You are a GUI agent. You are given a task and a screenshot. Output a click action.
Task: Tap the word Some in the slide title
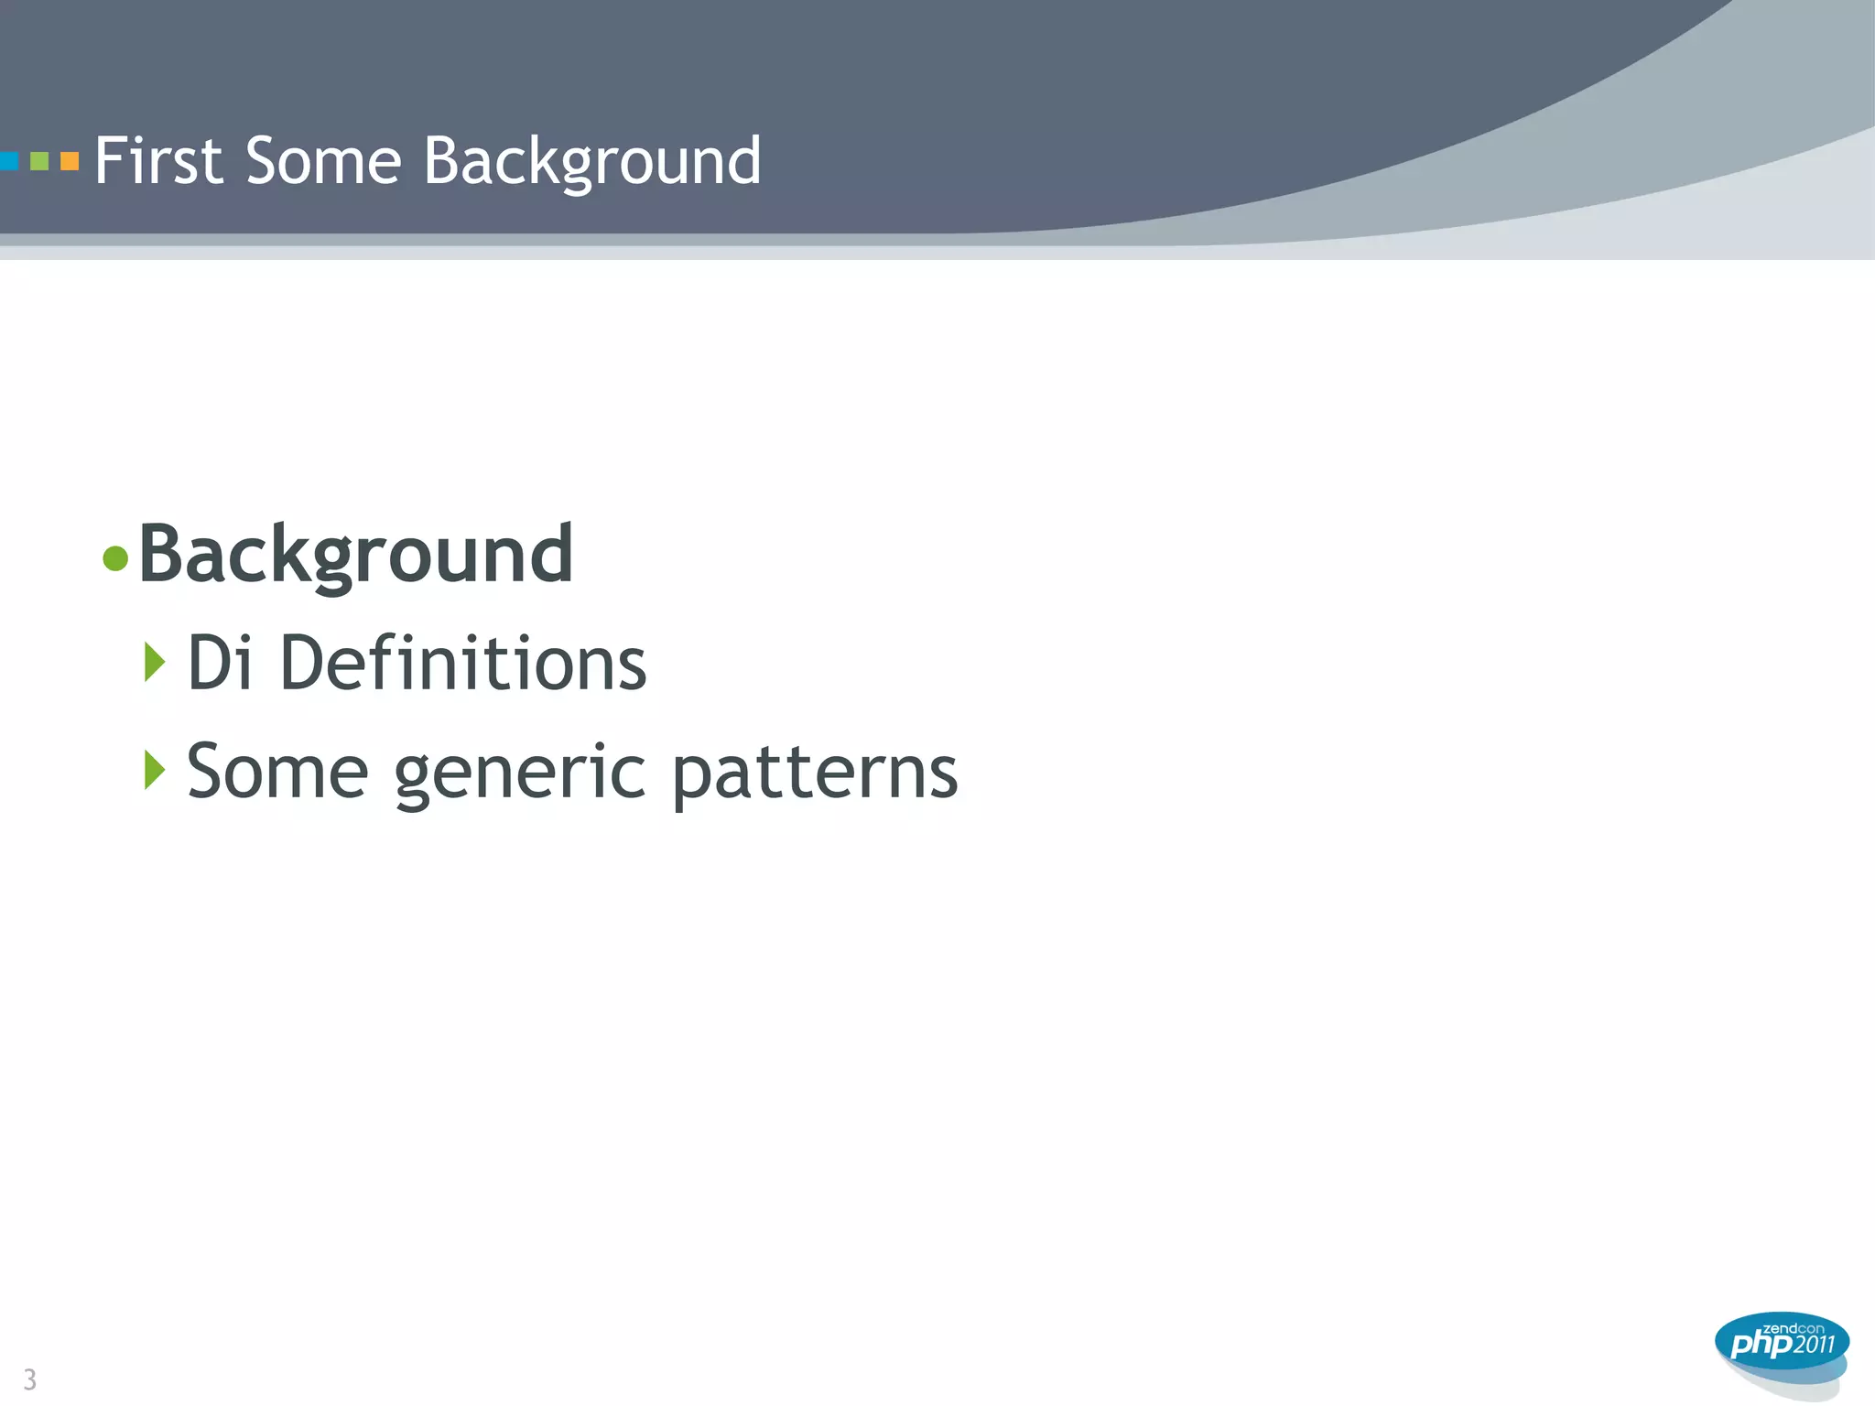click(323, 161)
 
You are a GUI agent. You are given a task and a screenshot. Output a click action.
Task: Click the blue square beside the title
click(9, 162)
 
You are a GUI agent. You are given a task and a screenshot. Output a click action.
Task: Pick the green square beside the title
click(39, 162)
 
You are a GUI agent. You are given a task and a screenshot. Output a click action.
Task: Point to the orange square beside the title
click(70, 162)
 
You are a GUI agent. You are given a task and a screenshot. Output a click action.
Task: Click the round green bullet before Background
click(115, 557)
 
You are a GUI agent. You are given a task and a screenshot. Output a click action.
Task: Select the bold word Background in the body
click(355, 555)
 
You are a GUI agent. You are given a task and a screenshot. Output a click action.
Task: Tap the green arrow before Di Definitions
click(155, 662)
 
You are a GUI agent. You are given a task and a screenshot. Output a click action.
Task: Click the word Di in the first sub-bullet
click(219, 662)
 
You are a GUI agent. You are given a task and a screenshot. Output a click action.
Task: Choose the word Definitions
click(463, 662)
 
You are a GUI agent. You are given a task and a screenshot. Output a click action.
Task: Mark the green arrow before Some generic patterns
click(155, 770)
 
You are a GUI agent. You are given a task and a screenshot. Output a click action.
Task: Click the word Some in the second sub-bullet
click(277, 772)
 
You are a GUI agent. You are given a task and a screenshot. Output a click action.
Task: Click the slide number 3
click(30, 1379)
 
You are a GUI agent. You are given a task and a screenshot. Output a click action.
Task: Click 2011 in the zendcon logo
click(1814, 1344)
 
